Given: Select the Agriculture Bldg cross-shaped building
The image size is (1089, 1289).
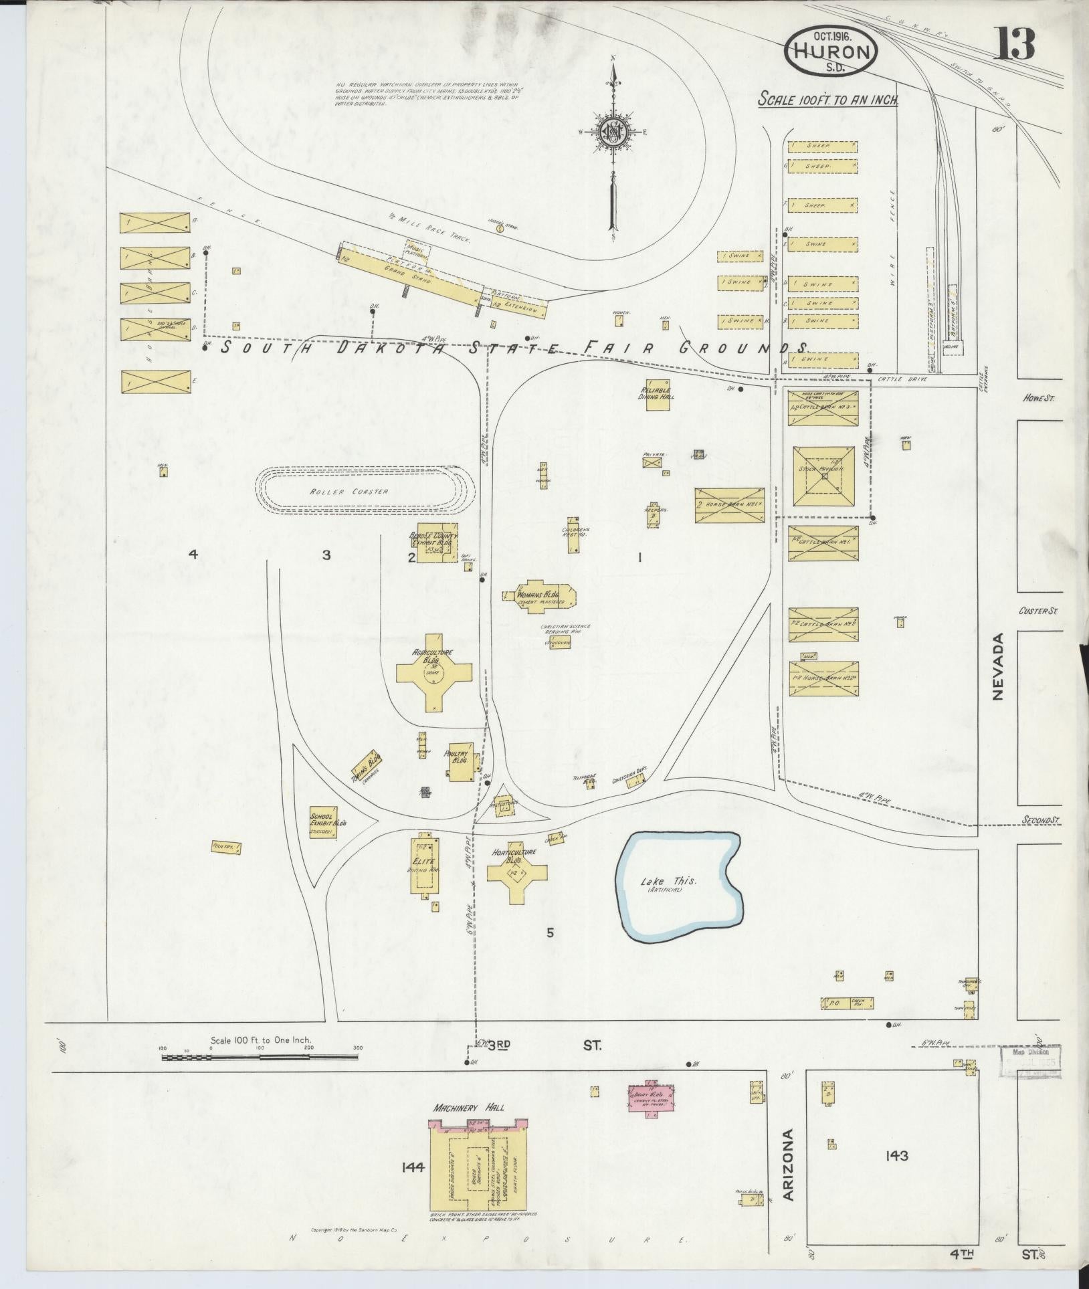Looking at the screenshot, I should point(434,674).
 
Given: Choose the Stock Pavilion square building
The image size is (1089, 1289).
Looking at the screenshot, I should point(823,476).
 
